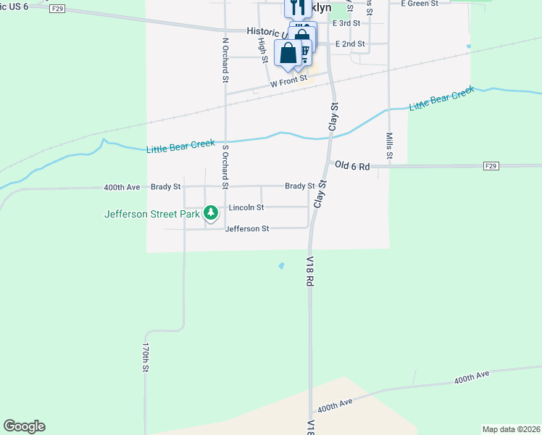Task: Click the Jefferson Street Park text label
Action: click(x=151, y=213)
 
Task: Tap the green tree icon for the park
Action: click(x=210, y=213)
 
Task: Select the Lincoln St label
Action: click(x=246, y=207)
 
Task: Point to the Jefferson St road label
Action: click(x=247, y=228)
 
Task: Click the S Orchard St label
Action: click(x=225, y=167)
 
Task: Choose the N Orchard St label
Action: click(x=225, y=59)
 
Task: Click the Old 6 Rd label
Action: click(x=353, y=166)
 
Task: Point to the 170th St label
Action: click(x=146, y=358)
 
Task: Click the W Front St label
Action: click(x=288, y=82)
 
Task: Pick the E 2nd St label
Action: click(x=350, y=44)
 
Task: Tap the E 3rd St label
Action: click(x=346, y=23)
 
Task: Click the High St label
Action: click(x=262, y=45)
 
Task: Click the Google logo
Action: click(x=24, y=426)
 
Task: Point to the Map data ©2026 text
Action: click(x=510, y=429)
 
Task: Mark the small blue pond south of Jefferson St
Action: click(x=281, y=265)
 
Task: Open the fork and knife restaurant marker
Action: click(x=298, y=7)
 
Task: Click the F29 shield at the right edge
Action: click(x=491, y=166)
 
